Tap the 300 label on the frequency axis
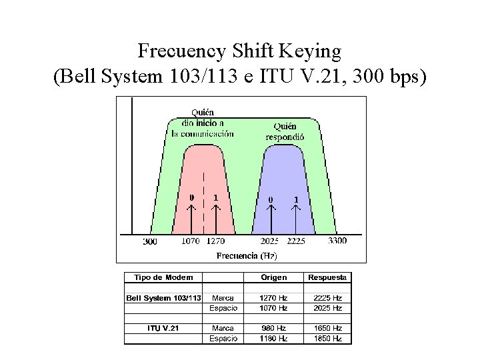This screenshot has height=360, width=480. coord(150,241)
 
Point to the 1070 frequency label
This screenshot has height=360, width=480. coord(191,241)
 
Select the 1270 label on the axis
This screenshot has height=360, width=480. coord(215,241)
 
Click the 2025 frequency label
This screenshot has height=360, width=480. coord(270,241)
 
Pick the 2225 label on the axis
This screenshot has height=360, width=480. coord(297,241)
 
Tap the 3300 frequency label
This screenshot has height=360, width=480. coord(337,241)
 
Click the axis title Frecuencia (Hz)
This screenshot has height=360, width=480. coord(247,255)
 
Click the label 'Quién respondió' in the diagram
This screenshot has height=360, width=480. coord(285,131)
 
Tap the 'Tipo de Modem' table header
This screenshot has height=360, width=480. coord(164,277)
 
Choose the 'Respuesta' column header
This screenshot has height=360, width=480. coord(327,277)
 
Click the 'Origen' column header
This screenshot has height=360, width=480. coord(274,277)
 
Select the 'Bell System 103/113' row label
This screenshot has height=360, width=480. coord(164,298)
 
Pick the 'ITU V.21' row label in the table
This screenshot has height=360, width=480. coord(164,328)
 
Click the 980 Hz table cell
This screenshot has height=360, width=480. coord(274,328)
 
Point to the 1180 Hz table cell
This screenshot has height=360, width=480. coord(274,339)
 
